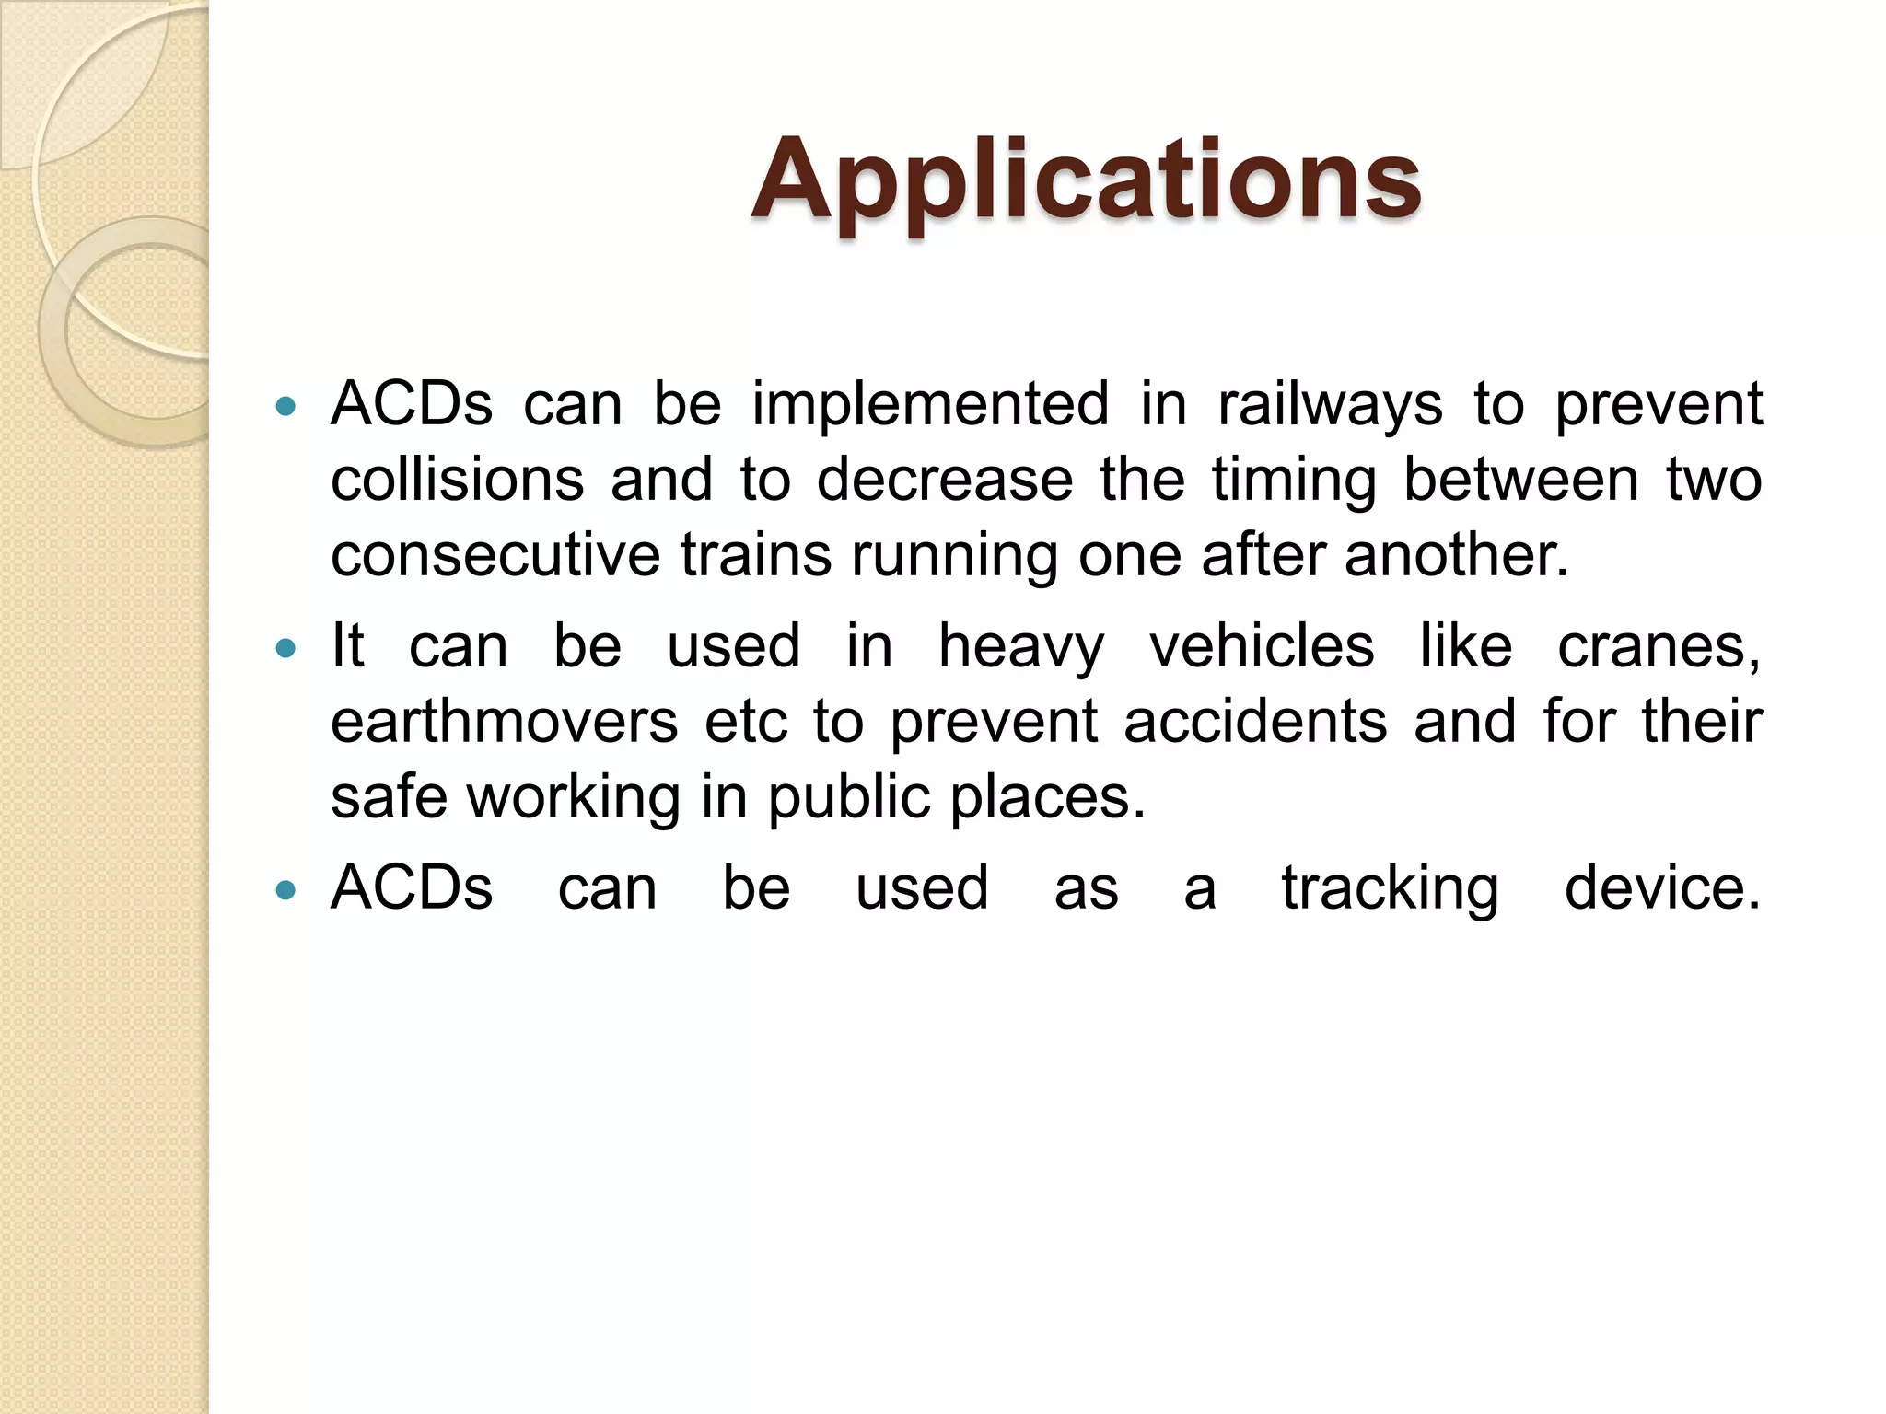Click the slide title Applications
(1087, 180)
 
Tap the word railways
(1330, 405)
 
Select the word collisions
(458, 481)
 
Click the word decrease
(945, 481)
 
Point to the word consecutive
(495, 556)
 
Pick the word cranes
(1658, 646)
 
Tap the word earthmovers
(505, 722)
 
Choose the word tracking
(1391, 889)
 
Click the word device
(1662, 889)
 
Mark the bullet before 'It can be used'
(286, 648)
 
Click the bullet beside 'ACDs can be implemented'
(286, 406)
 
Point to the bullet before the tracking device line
(286, 890)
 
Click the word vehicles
(1262, 646)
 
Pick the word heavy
(1021, 648)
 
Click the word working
(574, 797)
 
